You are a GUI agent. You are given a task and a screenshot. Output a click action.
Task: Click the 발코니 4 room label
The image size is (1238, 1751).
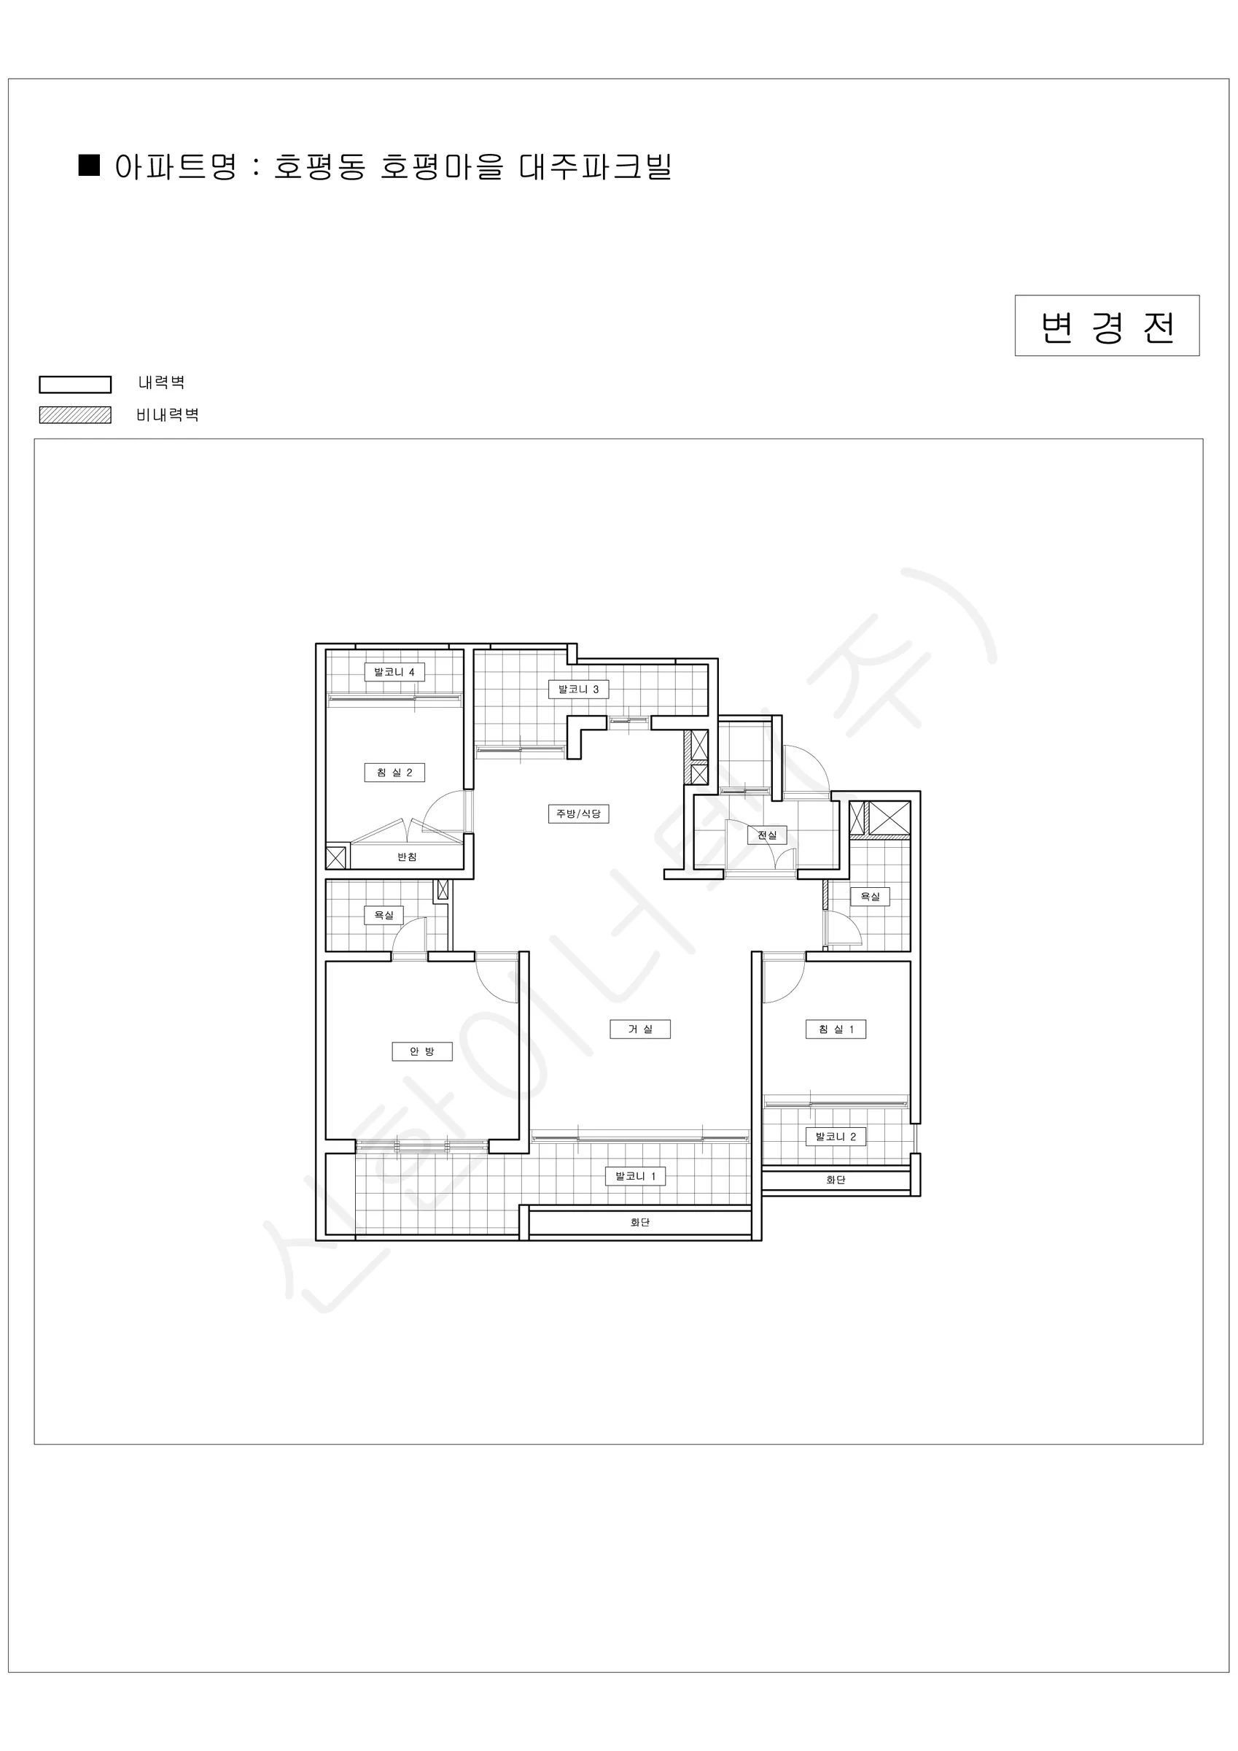(x=394, y=672)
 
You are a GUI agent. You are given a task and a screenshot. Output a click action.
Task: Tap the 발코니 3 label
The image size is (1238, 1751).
(x=579, y=689)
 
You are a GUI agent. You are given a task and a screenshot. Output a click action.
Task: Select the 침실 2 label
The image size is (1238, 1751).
(x=394, y=773)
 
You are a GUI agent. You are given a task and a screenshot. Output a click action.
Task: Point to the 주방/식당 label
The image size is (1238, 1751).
(x=579, y=813)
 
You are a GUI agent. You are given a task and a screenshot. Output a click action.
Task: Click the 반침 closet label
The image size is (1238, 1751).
(x=407, y=857)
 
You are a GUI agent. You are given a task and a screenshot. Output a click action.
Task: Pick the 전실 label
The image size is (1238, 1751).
(x=767, y=835)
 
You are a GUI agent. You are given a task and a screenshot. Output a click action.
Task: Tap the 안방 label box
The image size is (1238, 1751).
(x=421, y=1051)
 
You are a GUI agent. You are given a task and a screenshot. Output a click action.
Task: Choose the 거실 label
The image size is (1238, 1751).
(x=640, y=1029)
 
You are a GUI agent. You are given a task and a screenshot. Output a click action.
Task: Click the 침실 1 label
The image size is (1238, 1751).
(x=836, y=1029)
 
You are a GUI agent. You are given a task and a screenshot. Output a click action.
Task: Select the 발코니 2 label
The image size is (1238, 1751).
(x=836, y=1136)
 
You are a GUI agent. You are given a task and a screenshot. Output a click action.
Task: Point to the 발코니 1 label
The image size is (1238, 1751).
(x=636, y=1176)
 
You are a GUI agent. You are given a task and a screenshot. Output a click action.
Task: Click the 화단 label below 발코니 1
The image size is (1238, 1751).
(x=640, y=1223)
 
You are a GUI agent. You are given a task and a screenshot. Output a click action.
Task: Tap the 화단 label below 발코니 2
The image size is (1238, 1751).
(x=836, y=1180)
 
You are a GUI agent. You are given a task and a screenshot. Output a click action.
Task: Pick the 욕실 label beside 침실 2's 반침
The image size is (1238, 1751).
(x=384, y=914)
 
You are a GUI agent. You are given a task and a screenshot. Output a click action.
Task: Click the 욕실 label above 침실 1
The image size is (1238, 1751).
(x=871, y=896)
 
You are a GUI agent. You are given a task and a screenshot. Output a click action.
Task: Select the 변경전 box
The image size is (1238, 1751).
(x=1107, y=325)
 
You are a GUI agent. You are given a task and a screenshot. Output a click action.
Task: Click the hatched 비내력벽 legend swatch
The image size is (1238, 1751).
(x=76, y=415)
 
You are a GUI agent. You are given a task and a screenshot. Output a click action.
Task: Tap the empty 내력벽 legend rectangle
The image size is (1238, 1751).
(x=76, y=384)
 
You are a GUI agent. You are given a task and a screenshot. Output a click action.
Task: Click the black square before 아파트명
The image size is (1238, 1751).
(x=90, y=166)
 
